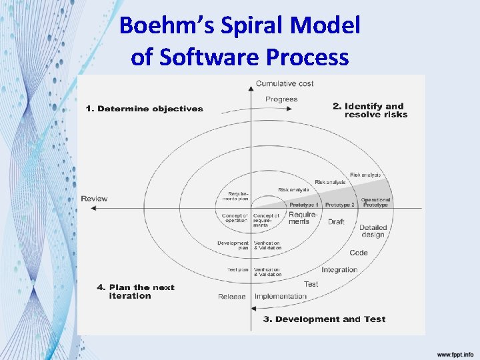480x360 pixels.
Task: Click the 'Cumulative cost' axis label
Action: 285,84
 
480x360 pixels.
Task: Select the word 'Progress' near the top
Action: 281,99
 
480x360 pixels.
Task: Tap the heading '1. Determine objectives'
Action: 144,109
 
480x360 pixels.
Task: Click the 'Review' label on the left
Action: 94,199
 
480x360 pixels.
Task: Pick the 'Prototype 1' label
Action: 304,205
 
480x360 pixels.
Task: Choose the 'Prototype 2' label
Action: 340,205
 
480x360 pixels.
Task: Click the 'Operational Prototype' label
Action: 375,202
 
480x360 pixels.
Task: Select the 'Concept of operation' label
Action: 235,218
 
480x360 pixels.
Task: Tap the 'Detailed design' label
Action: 373,231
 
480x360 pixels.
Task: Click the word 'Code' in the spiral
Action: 359,253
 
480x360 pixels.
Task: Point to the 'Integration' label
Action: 339,270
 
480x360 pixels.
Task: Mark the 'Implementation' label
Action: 281,297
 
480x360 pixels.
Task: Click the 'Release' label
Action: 232,297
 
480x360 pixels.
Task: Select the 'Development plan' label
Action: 233,245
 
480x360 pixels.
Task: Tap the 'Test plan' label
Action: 238,270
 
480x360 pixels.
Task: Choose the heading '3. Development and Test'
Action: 324,319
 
